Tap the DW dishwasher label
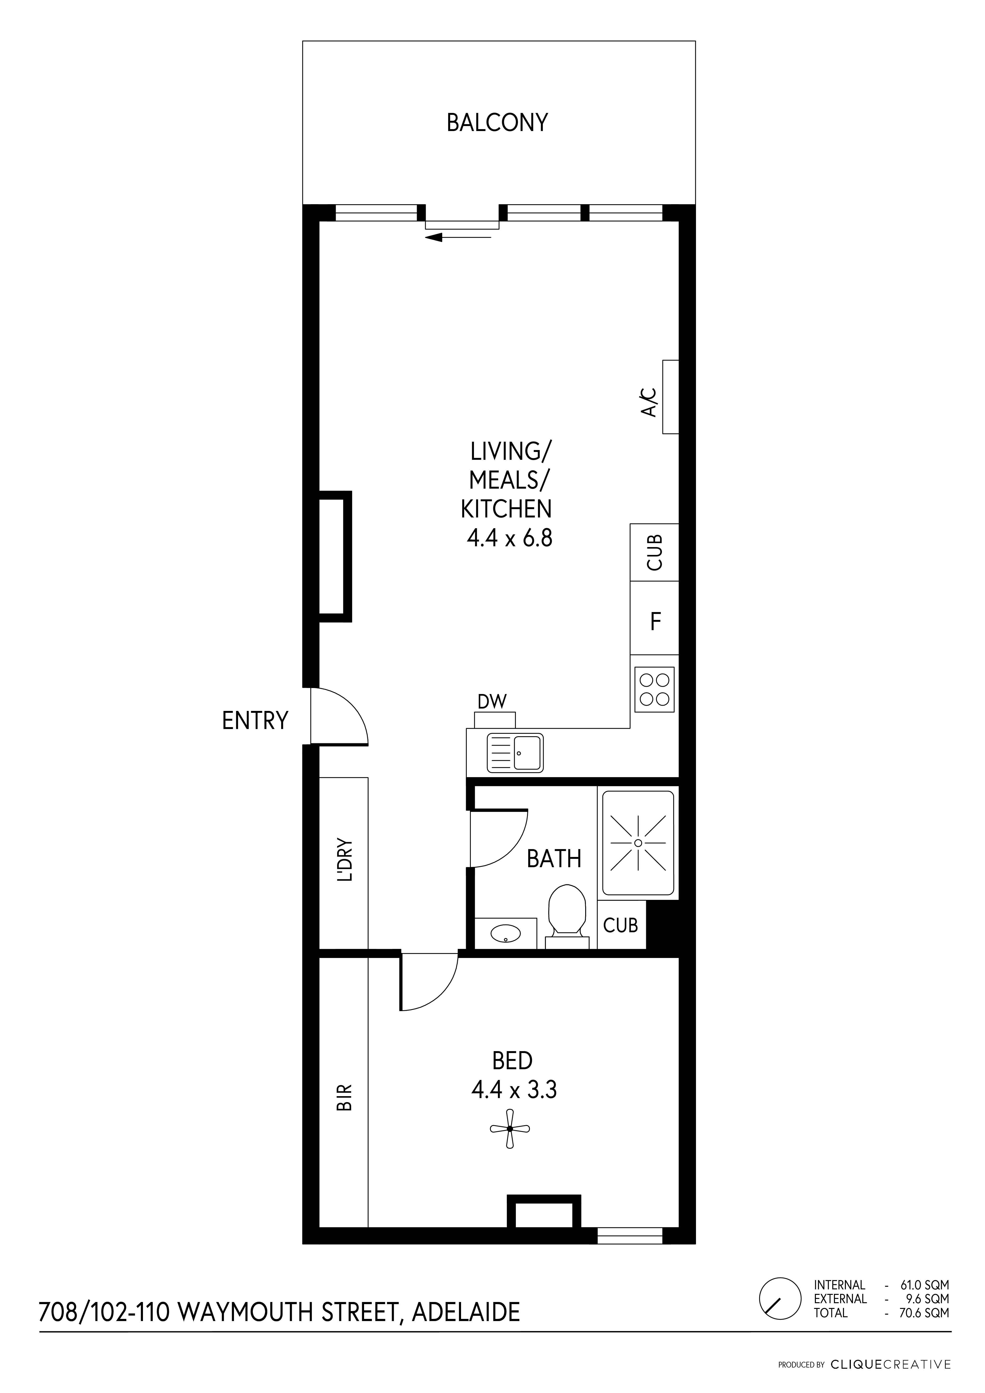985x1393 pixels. (492, 702)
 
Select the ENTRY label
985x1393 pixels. (255, 721)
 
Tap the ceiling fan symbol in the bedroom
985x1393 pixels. (510, 1129)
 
